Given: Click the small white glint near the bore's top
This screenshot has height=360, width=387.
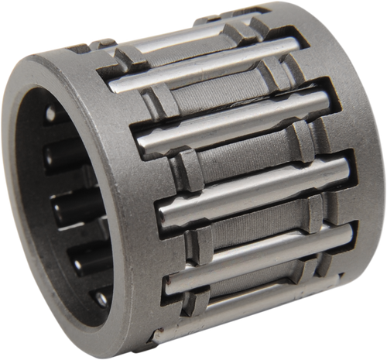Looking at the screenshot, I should [x=50, y=114].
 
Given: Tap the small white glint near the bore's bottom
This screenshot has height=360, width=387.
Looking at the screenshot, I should [x=100, y=298].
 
